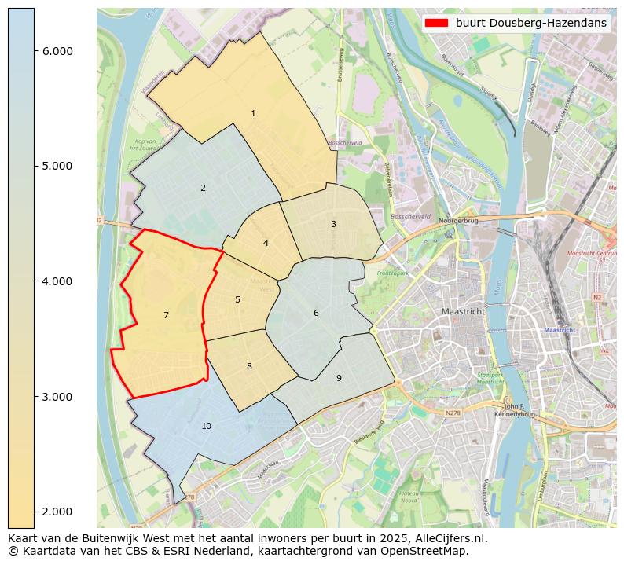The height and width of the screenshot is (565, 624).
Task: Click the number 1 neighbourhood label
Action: (253, 114)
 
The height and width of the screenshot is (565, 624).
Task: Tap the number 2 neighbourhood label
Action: (203, 189)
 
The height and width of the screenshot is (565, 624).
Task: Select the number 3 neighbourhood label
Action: (333, 225)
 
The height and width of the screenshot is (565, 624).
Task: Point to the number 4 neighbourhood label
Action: (266, 244)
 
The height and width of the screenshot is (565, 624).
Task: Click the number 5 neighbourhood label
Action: (237, 300)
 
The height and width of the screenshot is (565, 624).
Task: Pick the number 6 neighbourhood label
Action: (316, 314)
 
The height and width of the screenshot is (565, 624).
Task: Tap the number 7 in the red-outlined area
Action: (166, 316)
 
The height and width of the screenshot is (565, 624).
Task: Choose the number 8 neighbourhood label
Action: (249, 367)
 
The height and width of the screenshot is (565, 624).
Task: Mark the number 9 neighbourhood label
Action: (339, 379)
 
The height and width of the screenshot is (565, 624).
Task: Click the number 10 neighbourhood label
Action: (206, 427)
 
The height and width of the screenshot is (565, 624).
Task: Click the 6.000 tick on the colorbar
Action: (57, 51)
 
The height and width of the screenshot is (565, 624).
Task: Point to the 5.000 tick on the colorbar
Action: (57, 167)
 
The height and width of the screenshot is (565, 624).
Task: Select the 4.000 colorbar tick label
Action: (57, 281)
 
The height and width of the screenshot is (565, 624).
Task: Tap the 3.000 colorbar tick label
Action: (57, 397)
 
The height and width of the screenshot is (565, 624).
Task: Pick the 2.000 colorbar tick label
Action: (57, 512)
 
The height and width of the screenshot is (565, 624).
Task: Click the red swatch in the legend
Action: (436, 23)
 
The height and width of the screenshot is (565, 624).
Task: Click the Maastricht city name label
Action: (464, 311)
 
